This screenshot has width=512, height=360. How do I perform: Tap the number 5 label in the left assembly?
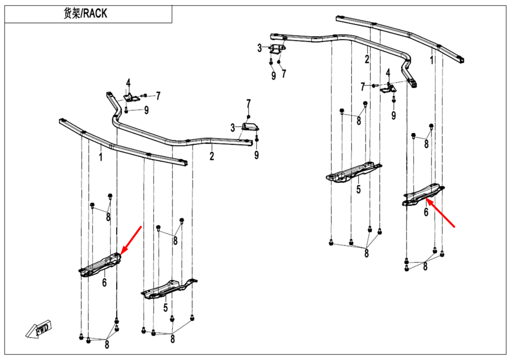click(165, 308)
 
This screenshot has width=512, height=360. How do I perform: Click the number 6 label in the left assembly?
click(104, 282)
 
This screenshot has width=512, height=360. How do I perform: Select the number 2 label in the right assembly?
click(367, 59)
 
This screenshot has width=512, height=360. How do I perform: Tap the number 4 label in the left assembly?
click(129, 82)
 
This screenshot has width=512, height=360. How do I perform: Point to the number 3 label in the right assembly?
click(260, 48)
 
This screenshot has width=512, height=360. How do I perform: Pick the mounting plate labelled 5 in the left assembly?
click(168, 288)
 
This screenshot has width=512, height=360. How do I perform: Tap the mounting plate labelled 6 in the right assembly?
click(423, 196)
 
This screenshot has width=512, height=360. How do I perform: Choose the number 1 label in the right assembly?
click(432, 60)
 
